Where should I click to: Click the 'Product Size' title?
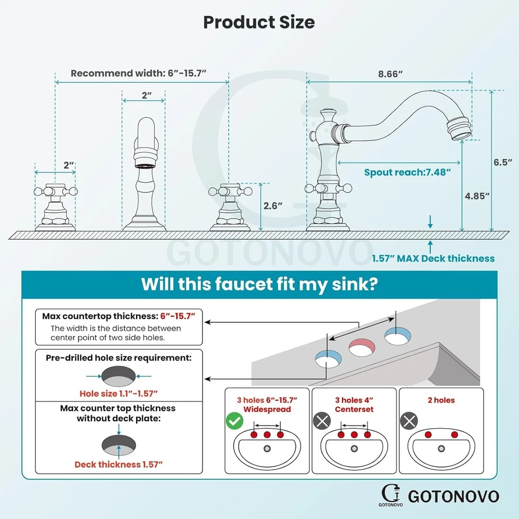coord(258,22)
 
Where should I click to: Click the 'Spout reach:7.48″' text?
coord(404,172)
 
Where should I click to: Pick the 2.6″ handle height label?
coord(272,206)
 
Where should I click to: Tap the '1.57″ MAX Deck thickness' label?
coord(433,258)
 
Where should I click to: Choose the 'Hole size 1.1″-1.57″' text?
coord(118,393)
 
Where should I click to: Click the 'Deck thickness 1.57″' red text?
coord(119,465)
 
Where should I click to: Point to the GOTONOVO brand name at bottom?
coord(453,496)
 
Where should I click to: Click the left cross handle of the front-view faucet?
coord(55,190)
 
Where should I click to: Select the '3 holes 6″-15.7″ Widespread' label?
coord(267,404)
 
